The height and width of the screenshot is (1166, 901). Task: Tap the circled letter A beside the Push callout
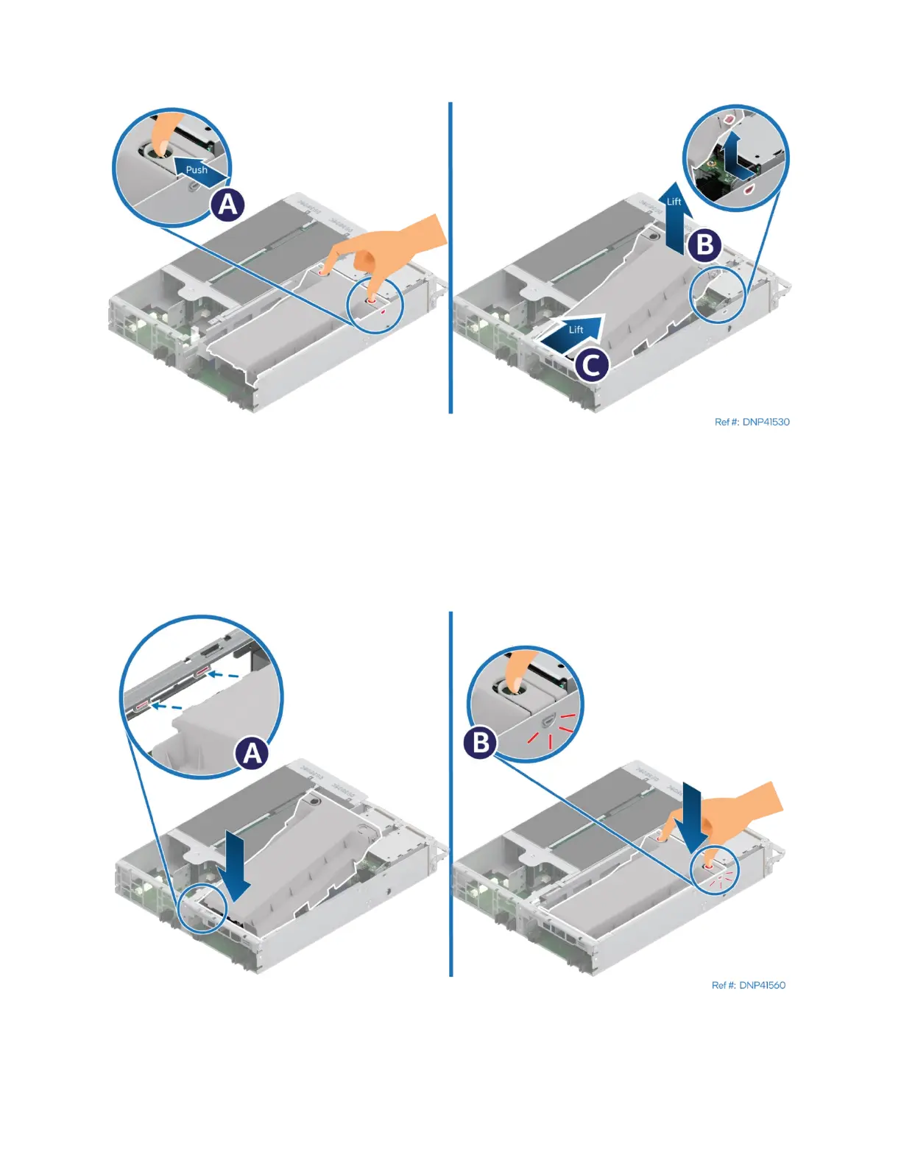tap(228, 204)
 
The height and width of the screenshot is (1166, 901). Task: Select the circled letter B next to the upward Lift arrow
tap(704, 244)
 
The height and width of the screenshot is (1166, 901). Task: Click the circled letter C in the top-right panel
tap(591, 364)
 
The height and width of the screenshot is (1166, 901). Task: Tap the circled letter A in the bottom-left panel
tap(252, 753)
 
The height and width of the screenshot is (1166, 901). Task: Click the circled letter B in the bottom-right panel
tap(481, 742)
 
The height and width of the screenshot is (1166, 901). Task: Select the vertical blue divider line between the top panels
tap(450, 258)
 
